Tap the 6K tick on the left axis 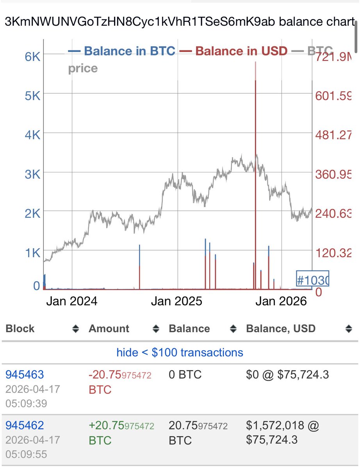(x=32, y=57)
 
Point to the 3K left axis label (x=32, y=174)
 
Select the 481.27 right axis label (x=334, y=135)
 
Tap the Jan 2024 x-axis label (x=72, y=302)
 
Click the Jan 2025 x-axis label (x=177, y=302)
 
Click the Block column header (x=20, y=329)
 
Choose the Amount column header (x=109, y=329)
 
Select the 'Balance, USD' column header (x=280, y=329)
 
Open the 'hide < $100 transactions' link (x=180, y=353)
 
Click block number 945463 (x=25, y=375)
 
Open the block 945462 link (x=25, y=425)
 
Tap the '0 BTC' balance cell (x=185, y=375)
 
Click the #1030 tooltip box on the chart (x=313, y=280)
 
